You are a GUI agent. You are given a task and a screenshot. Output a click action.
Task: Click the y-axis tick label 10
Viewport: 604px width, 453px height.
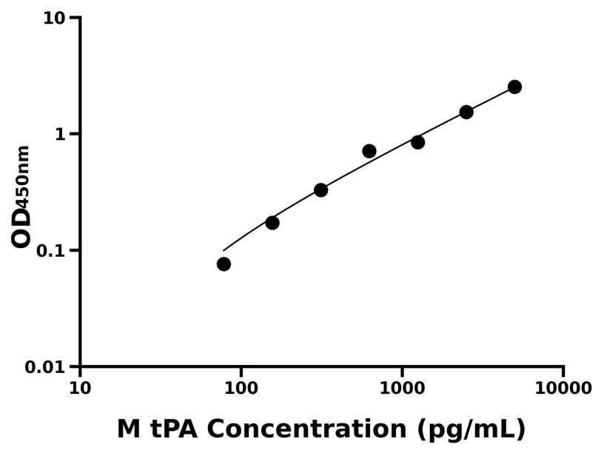pos(54,18)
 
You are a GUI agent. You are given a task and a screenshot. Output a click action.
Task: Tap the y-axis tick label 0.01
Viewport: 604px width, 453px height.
pos(47,367)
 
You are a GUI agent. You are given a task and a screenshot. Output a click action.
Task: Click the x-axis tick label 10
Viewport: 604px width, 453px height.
pos(80,388)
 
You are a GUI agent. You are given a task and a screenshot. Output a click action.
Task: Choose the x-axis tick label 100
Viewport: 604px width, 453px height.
pos(241,388)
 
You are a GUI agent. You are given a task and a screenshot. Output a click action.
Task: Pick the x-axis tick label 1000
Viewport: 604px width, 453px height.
pos(402,388)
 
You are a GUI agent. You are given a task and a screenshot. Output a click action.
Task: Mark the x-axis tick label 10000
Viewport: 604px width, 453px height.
pos(563,388)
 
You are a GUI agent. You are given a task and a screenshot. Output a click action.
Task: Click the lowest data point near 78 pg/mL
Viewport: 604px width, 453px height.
pos(224,264)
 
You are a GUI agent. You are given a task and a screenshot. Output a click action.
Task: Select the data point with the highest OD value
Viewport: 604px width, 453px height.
pos(514,87)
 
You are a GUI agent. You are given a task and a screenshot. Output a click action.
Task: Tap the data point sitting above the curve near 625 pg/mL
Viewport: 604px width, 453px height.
pos(369,151)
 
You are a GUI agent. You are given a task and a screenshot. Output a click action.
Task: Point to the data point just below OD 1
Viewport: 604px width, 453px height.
pos(417,142)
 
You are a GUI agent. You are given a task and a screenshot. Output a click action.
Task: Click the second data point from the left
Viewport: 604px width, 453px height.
pos(272,223)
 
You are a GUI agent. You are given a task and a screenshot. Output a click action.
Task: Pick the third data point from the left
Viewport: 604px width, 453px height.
pos(321,190)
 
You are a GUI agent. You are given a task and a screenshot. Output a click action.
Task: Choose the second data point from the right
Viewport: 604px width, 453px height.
pos(466,112)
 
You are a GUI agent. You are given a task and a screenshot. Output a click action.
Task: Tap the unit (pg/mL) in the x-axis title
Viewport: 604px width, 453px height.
pos(472,429)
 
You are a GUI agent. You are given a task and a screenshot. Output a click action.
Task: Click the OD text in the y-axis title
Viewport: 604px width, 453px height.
pos(21,226)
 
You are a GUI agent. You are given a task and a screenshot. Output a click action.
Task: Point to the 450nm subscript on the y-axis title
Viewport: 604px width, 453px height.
pos(24,175)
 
